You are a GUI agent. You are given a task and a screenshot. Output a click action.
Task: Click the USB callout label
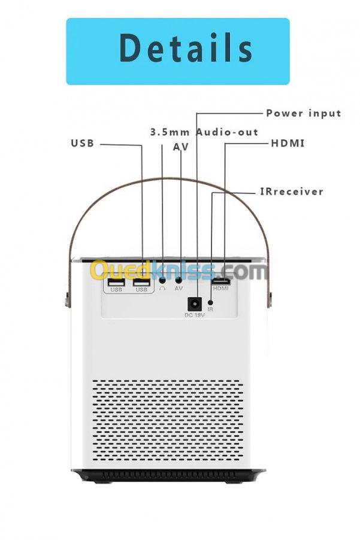[83, 144]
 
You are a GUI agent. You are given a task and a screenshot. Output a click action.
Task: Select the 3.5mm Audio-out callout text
[204, 132]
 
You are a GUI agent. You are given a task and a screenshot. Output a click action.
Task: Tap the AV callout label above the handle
[181, 147]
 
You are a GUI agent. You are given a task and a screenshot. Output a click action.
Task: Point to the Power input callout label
[304, 113]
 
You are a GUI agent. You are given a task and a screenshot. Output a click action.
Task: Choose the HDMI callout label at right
[288, 144]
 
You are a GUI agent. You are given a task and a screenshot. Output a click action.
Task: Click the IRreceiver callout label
[291, 192]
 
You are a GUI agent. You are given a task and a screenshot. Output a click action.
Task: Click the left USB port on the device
[116, 281]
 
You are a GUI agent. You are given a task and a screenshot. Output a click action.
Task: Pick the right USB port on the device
[141, 281]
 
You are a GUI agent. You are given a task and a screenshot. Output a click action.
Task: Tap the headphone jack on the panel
[162, 280]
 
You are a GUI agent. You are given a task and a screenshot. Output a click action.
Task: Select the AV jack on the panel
[179, 280]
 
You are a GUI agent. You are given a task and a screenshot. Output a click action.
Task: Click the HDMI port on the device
[220, 280]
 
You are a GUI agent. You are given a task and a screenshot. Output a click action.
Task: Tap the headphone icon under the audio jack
[162, 289]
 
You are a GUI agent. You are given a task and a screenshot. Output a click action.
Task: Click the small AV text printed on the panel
[179, 289]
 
